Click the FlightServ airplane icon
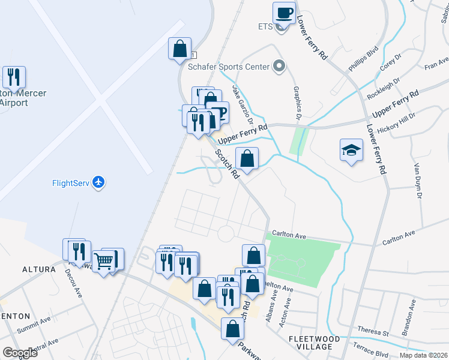99,182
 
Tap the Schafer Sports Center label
228,67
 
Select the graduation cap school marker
351,150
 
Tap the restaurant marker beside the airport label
13,77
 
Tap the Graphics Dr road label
296,102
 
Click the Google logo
20,352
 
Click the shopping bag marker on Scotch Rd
247,159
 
